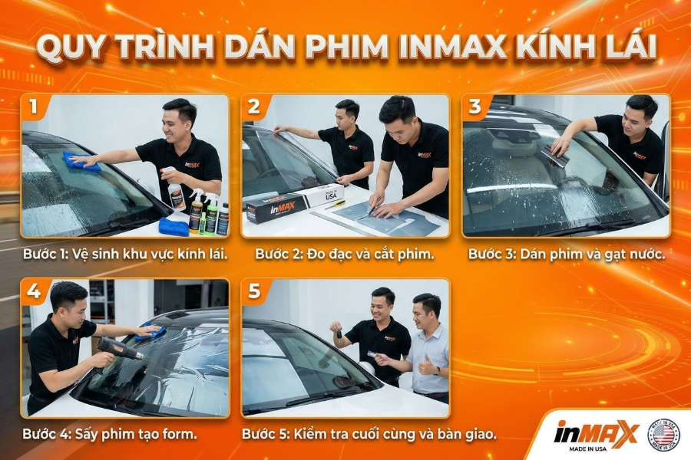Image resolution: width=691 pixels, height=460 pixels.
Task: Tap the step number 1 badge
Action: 34,107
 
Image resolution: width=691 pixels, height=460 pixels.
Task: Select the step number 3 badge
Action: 475,107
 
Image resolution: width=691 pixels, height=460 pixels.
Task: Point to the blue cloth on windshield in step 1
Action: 81,162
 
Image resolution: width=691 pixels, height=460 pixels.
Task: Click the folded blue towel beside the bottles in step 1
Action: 174,226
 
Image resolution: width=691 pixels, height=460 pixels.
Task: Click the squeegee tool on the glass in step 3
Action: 556,156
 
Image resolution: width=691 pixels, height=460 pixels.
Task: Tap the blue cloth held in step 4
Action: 151,332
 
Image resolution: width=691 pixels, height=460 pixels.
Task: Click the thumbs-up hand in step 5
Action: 425,367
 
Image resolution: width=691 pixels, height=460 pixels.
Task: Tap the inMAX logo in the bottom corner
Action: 596,433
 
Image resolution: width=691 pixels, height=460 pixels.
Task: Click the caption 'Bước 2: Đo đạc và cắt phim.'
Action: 345,254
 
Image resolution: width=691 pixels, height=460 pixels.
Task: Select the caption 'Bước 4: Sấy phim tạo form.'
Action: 110,434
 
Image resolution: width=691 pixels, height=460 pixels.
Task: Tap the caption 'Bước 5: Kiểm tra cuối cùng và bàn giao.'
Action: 369,434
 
